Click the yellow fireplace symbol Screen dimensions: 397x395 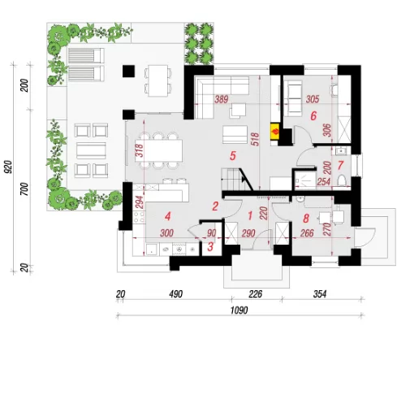pos(275,132)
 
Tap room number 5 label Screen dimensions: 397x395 pos(232,156)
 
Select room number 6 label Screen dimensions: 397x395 pos(313,116)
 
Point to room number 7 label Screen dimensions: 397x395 pos(340,165)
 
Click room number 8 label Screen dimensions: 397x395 pos(306,219)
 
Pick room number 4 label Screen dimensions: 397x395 pos(168,216)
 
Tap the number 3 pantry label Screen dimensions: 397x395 pos(210,247)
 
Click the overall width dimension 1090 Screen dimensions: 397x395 pos(239,310)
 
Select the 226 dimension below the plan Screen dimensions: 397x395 pos(256,294)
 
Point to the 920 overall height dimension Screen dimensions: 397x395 pos(8,167)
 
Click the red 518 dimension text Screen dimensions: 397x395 pos(255,139)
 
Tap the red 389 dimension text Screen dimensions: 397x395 pos(222,99)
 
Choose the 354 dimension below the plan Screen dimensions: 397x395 pos(320,294)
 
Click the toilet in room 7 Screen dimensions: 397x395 pos(342,180)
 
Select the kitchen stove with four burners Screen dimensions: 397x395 pos(139,216)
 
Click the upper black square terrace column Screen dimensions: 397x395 pos(128,71)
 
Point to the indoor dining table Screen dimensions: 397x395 pos(158,150)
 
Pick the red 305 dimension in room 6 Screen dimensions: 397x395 pos(313,99)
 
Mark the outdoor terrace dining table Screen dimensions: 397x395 pos(158,80)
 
